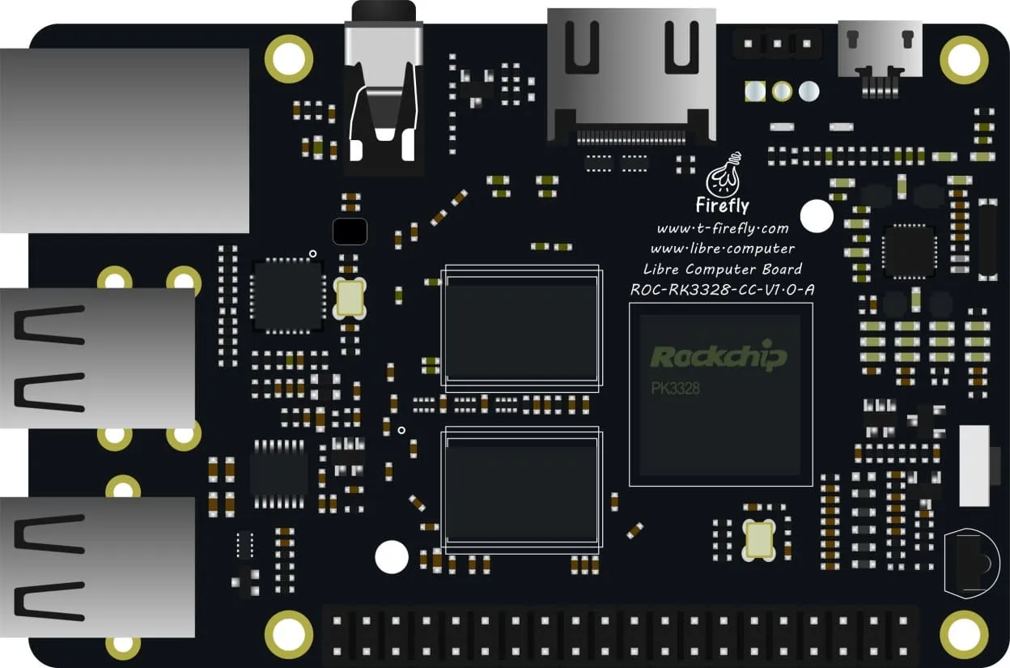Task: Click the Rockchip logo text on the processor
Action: point(719,356)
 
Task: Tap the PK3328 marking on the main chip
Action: point(676,389)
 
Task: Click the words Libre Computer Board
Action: point(722,269)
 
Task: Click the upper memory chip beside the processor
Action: point(520,328)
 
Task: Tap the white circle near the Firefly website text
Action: point(817,216)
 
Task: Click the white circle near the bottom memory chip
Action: point(392,556)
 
